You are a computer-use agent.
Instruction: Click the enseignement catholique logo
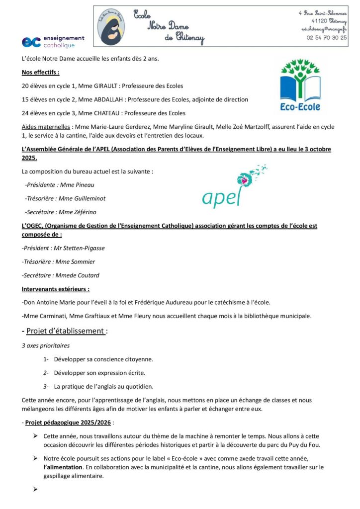[x=53, y=41]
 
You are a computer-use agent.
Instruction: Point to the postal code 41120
[x=320, y=21]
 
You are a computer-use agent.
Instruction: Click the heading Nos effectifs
[x=40, y=73]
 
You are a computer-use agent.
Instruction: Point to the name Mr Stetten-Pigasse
[x=79, y=248]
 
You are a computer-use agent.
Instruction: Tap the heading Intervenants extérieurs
[x=56, y=289]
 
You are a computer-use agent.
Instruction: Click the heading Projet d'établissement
[x=66, y=331]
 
